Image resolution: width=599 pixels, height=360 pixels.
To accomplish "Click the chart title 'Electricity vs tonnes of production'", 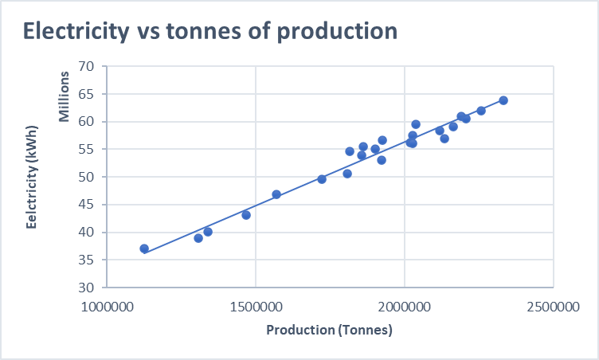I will pos(210,31).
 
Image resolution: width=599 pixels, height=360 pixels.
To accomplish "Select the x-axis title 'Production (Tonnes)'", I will pos(329,330).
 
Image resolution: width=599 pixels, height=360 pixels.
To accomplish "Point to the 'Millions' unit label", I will pos(65,97).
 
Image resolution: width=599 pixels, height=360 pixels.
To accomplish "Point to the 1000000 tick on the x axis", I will pos(107,307).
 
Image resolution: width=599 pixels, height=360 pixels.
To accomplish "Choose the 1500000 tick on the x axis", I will pos(256,307).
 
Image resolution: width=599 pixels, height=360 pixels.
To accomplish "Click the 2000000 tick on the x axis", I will pos(405,307).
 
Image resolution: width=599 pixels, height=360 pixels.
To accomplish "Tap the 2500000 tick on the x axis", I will pos(554,307).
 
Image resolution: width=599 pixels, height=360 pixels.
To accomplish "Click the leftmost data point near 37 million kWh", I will pos(144,248).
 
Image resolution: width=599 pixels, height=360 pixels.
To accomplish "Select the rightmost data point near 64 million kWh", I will pos(503,100).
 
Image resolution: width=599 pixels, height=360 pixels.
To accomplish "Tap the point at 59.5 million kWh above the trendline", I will pos(416,124).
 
